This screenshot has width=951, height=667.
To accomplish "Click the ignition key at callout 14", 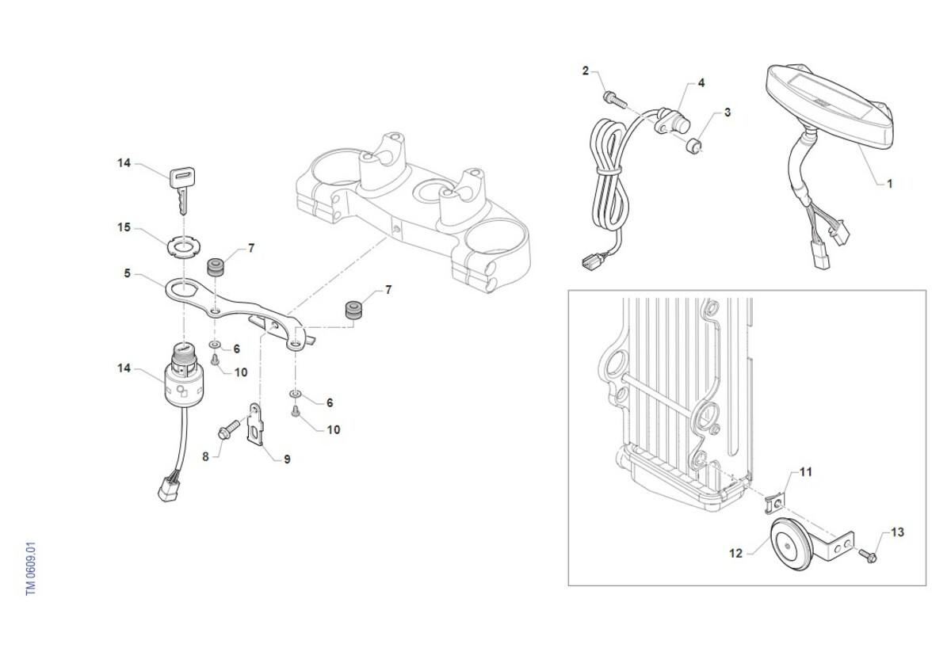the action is coord(182,189).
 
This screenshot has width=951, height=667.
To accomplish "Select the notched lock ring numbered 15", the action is coord(183,248).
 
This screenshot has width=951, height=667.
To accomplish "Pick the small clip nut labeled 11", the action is coord(774,504).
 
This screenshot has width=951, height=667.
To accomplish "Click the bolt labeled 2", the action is coord(614,99).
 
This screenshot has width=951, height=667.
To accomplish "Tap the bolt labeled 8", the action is coord(228,429).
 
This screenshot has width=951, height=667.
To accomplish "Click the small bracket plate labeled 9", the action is coord(255,424).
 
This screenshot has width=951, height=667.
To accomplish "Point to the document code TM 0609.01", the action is coord(31,568).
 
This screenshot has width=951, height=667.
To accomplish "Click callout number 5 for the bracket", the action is coord(127,273).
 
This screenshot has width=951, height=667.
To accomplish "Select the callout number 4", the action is coord(701,83).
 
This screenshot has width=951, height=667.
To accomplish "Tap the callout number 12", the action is coord(735,553).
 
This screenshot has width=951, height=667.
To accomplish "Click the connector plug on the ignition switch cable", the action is coord(169,490).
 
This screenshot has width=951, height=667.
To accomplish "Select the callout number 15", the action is coord(124,227).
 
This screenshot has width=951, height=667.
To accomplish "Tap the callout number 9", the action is coord(287,459).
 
